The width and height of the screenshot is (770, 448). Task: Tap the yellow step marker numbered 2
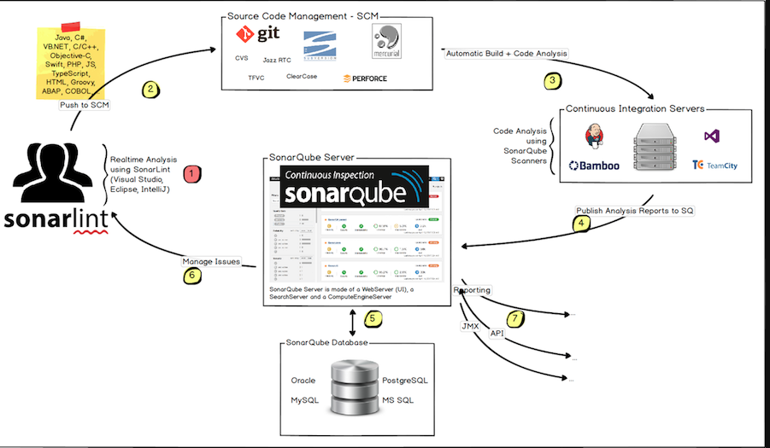[150, 89]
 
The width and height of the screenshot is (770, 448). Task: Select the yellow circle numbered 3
[554, 82]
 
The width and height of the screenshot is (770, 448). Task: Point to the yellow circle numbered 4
[582, 224]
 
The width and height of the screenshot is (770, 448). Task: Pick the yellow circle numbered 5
[372, 319]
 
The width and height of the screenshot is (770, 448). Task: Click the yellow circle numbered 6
[191, 275]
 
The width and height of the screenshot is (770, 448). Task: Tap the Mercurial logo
[386, 41]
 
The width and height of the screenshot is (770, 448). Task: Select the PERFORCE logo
[365, 79]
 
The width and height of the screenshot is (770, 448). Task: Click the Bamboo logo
[594, 166]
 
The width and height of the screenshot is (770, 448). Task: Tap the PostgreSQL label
[403, 380]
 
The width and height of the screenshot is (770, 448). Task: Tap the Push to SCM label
[84, 105]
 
